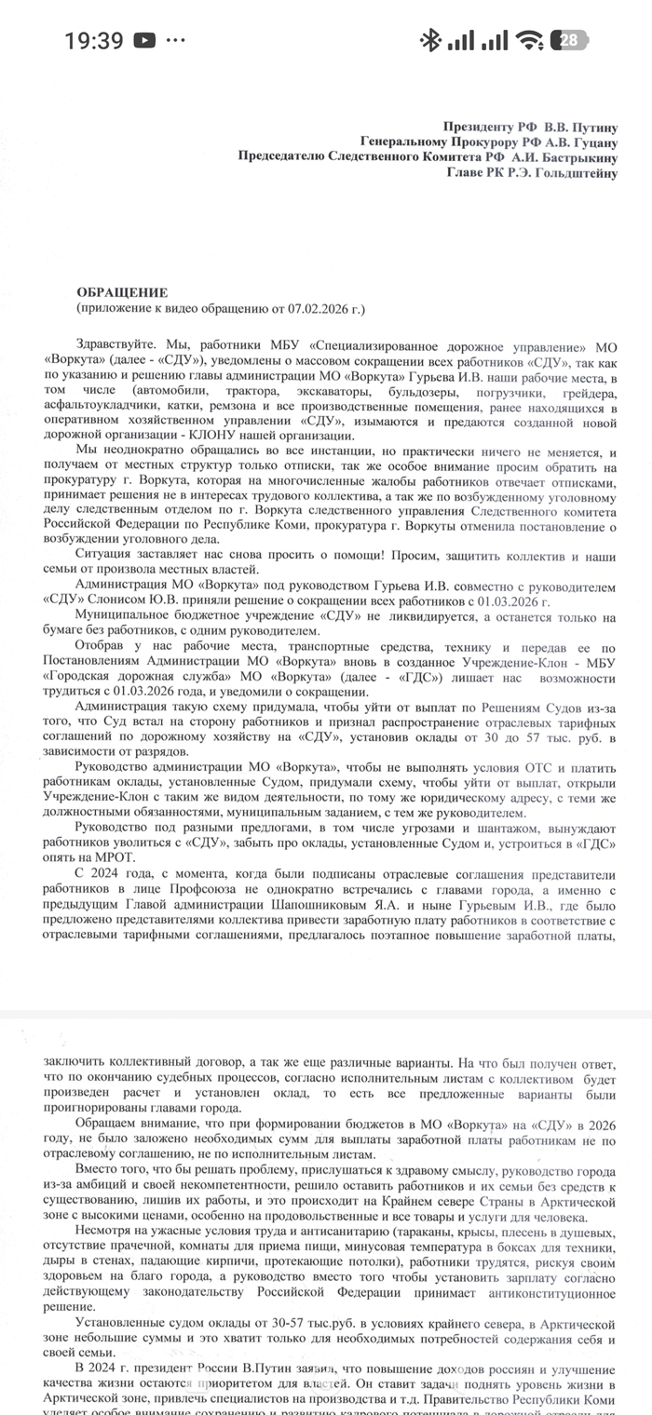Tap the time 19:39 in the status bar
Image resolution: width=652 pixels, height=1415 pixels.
tap(94, 41)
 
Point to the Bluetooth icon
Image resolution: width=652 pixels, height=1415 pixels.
tap(429, 40)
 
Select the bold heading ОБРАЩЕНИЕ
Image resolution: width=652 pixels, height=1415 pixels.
tap(121, 291)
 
